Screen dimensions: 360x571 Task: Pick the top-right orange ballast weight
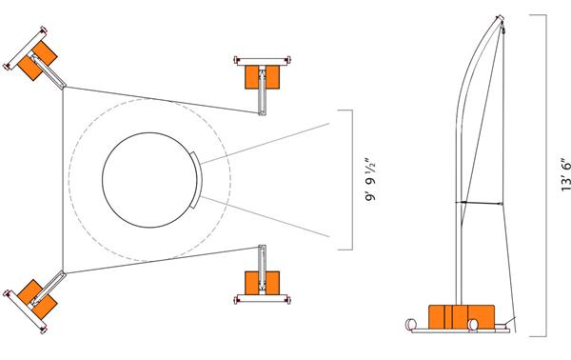point(261,74)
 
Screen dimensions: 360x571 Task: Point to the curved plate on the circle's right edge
point(196,180)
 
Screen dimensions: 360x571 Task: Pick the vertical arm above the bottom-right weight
point(263,259)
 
